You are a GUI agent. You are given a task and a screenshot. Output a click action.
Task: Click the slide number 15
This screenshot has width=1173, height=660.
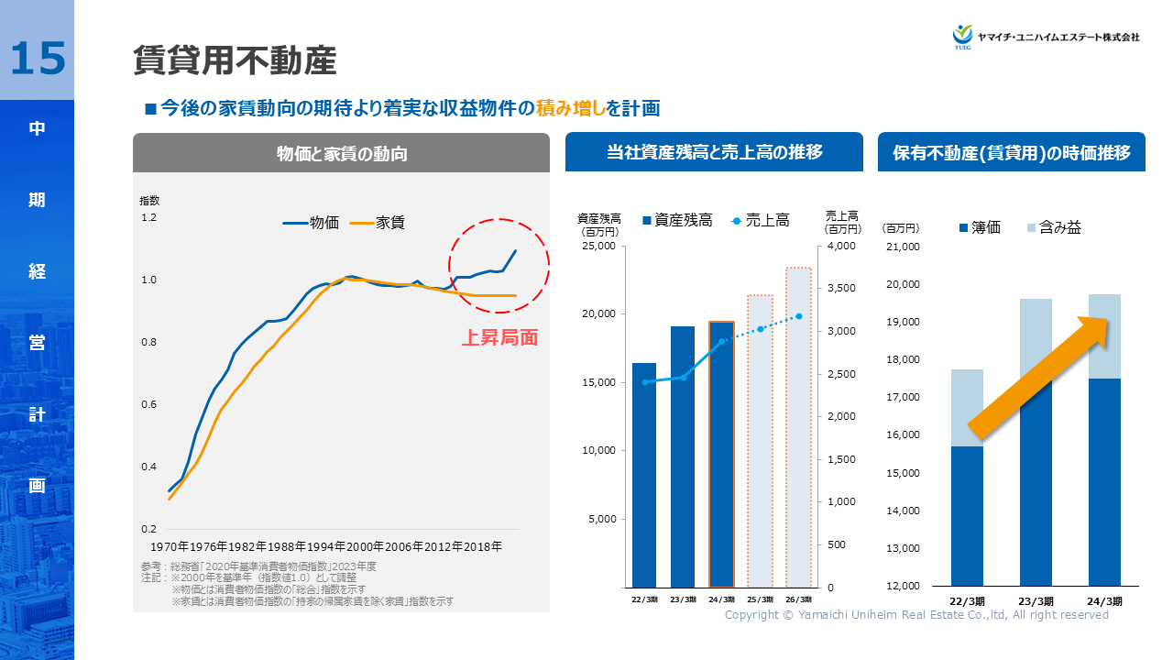38,58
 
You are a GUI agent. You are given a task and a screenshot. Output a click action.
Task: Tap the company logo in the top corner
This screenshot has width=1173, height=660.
1046,37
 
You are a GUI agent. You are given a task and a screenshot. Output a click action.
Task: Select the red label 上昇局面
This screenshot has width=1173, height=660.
499,337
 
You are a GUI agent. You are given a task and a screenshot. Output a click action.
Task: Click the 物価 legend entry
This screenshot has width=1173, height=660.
312,222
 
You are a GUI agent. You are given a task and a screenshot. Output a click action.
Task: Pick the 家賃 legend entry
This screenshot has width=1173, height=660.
378,222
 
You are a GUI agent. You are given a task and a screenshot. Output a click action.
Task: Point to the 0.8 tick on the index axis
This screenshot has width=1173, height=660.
148,342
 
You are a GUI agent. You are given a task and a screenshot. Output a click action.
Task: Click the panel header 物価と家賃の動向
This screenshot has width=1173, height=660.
341,154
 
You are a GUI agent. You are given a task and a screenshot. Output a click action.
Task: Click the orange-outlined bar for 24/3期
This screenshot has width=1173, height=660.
721,454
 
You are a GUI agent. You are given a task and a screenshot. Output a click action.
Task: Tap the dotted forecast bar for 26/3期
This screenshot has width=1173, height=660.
798,427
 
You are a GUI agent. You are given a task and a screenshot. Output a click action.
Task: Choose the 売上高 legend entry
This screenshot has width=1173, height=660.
760,220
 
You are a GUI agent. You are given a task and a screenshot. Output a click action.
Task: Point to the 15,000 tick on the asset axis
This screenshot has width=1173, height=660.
600,382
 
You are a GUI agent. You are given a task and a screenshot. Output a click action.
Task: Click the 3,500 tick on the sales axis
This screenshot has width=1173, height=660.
841,289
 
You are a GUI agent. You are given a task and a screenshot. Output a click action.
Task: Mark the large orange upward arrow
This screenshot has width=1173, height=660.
1039,377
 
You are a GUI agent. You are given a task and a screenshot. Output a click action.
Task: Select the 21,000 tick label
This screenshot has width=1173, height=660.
904,247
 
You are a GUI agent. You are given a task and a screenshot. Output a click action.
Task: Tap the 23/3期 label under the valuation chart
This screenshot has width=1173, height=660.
1036,601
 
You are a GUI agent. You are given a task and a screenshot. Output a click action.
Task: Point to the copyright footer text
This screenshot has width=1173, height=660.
916,615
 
